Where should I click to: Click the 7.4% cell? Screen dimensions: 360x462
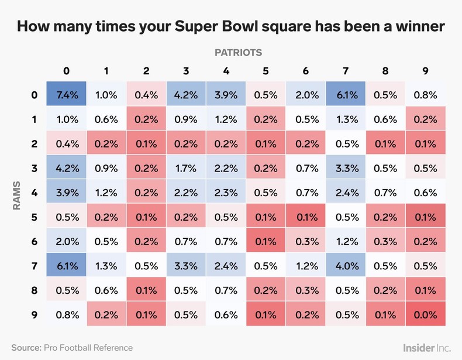coord(66,95)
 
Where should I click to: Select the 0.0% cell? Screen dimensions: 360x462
coord(425,314)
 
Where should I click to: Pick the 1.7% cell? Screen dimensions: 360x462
coord(186,168)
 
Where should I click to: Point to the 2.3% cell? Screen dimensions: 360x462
coord(226,193)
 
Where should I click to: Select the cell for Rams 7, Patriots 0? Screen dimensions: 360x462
coord(66,266)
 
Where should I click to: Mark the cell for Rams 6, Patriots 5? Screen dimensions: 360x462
coord(266,241)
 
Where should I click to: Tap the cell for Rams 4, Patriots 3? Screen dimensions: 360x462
coord(186,193)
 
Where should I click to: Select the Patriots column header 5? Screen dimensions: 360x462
coord(266,71)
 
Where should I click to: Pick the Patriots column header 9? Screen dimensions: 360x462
coord(425,71)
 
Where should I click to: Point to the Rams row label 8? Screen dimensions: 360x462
coord(34,290)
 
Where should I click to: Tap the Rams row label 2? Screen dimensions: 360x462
coord(34,144)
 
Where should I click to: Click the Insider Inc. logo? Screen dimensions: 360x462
coord(426,347)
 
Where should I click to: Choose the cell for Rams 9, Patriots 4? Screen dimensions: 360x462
coord(226,314)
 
